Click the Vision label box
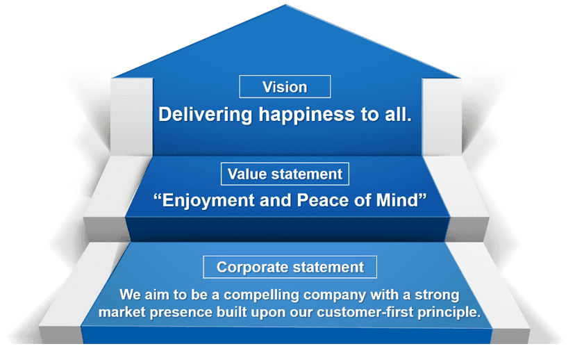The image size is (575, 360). click(x=285, y=87)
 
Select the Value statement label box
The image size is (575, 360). click(x=285, y=174)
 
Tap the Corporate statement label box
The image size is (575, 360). click(x=290, y=267)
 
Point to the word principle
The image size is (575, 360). click(x=448, y=312)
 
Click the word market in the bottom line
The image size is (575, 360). click(x=119, y=312)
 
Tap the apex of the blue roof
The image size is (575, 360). click(x=285, y=6)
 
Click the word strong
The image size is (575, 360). click(x=437, y=295)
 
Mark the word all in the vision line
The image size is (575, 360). click(x=399, y=115)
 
